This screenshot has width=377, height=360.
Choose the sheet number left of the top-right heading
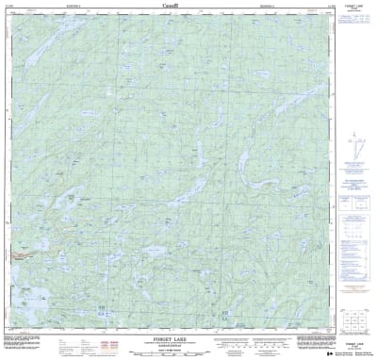point(325,5)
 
